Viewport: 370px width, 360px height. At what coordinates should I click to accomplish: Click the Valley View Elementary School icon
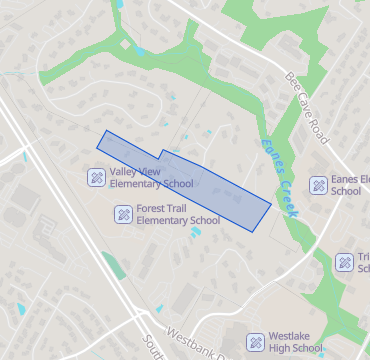[x=97, y=177]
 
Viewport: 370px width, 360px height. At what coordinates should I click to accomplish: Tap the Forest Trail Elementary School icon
[x=123, y=213]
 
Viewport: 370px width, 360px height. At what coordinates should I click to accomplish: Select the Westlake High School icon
[x=255, y=342]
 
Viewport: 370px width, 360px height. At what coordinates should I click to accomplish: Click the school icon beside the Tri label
[x=344, y=261]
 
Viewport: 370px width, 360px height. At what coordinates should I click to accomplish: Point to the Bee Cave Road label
[x=306, y=107]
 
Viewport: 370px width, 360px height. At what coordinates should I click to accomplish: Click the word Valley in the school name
[x=125, y=171]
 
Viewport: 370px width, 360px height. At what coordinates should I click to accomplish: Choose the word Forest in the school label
[x=153, y=207]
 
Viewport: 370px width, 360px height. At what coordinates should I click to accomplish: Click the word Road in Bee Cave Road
[x=319, y=127]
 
